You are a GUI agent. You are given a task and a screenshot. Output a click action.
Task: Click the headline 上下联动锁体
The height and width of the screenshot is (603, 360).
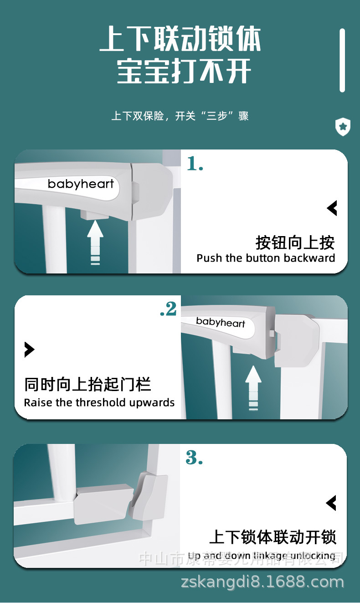click(180, 40)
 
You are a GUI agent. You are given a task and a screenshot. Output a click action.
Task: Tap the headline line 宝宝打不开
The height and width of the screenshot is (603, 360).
click(184, 72)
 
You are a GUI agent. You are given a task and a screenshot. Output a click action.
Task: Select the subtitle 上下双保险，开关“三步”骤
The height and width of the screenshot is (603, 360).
click(180, 116)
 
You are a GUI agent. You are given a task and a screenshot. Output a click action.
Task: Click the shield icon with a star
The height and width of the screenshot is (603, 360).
click(343, 127)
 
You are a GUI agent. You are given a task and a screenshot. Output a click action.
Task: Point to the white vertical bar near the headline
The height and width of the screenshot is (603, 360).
click(342, 60)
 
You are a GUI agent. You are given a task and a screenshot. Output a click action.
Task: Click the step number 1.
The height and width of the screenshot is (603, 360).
click(195, 164)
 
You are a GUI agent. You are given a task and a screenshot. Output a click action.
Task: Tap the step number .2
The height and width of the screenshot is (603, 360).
click(168, 309)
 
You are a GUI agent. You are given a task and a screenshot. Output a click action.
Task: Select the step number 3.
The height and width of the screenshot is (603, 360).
click(194, 458)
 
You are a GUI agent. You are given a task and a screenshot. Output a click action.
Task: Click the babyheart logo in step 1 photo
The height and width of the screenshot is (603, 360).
click(81, 184)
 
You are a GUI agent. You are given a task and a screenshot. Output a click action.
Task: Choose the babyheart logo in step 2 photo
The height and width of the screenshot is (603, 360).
click(221, 322)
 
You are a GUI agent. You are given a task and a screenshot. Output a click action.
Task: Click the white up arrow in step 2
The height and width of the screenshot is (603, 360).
click(253, 387)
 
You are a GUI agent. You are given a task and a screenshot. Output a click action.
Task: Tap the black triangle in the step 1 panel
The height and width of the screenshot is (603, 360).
click(332, 208)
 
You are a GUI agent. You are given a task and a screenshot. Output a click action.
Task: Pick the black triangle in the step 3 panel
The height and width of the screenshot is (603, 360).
click(331, 503)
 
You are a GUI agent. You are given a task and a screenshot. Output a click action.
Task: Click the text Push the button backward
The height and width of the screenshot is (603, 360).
click(266, 258)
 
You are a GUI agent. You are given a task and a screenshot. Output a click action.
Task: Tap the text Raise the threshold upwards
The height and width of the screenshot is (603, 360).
click(99, 402)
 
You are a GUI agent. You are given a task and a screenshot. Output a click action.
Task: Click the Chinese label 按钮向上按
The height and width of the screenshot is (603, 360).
click(295, 242)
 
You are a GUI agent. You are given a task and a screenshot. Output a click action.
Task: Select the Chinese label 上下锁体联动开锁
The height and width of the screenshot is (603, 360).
click(273, 537)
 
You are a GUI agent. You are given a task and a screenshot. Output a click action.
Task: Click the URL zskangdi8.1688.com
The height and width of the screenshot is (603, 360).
click(262, 582)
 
